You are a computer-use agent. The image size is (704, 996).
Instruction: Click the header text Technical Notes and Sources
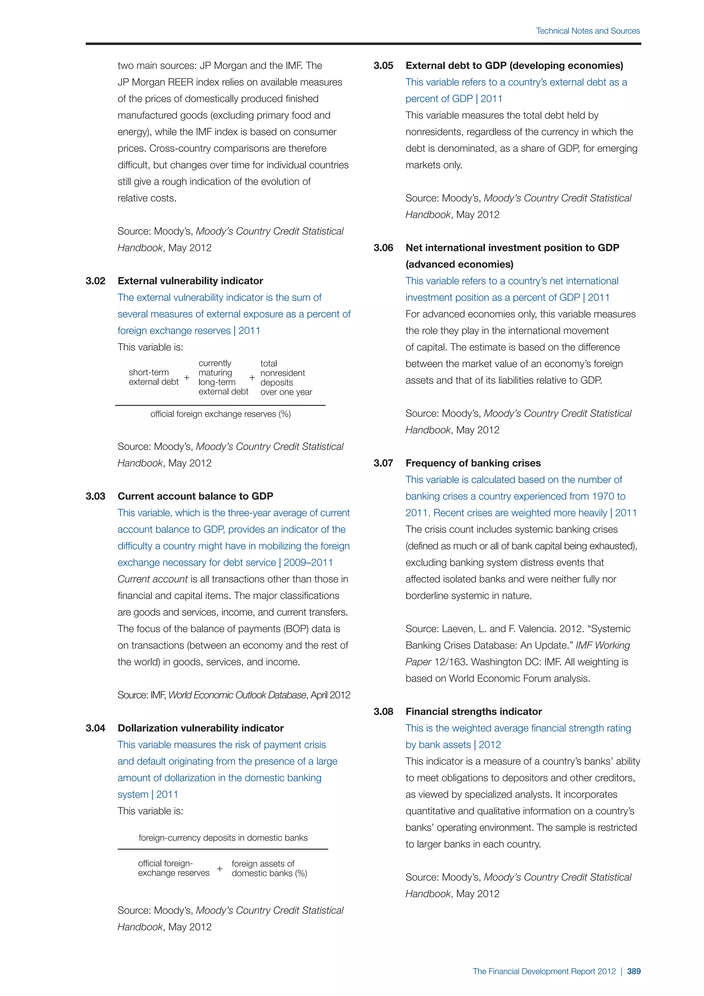[587, 31]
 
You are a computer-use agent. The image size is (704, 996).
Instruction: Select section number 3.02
[95, 281]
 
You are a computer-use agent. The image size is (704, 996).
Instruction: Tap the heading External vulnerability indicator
[190, 281]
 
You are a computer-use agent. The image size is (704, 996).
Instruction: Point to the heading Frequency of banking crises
[473, 463]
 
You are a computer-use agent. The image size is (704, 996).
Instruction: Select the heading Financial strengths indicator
[473, 712]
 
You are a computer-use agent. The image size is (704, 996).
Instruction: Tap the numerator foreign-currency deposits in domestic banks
[223, 838]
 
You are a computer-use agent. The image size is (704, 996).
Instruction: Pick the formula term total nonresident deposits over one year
[286, 377]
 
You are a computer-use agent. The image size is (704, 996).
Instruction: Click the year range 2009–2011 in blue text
[308, 563]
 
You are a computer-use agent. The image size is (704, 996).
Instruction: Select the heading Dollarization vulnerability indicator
[200, 728]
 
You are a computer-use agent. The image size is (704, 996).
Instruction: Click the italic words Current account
[152, 579]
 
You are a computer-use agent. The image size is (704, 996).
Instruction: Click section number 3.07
[383, 463]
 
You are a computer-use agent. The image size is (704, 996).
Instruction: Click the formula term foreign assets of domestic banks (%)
[269, 868]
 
